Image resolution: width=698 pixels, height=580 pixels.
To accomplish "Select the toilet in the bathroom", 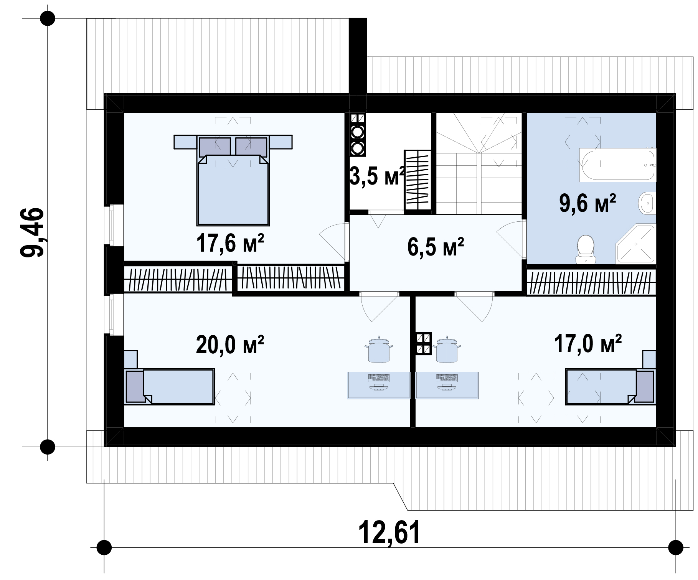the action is pos(586,249).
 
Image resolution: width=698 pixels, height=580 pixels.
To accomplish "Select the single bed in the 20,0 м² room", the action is pos(170,386).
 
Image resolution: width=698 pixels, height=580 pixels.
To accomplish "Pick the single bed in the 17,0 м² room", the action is pos(610,386).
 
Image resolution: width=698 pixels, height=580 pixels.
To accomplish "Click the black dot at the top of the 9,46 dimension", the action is pos(48,18).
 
